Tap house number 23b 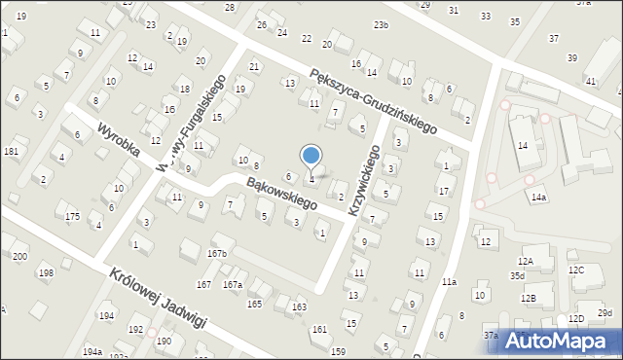point(380,25)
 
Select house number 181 point(11,152)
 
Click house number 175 point(72,216)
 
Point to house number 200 point(19,256)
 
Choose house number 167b point(216,254)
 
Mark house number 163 point(299,307)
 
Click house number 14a point(538,198)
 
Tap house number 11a point(449,282)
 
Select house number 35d point(517,276)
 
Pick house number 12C point(576,270)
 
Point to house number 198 point(46,273)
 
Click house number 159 point(338,351)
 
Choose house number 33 point(486,17)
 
